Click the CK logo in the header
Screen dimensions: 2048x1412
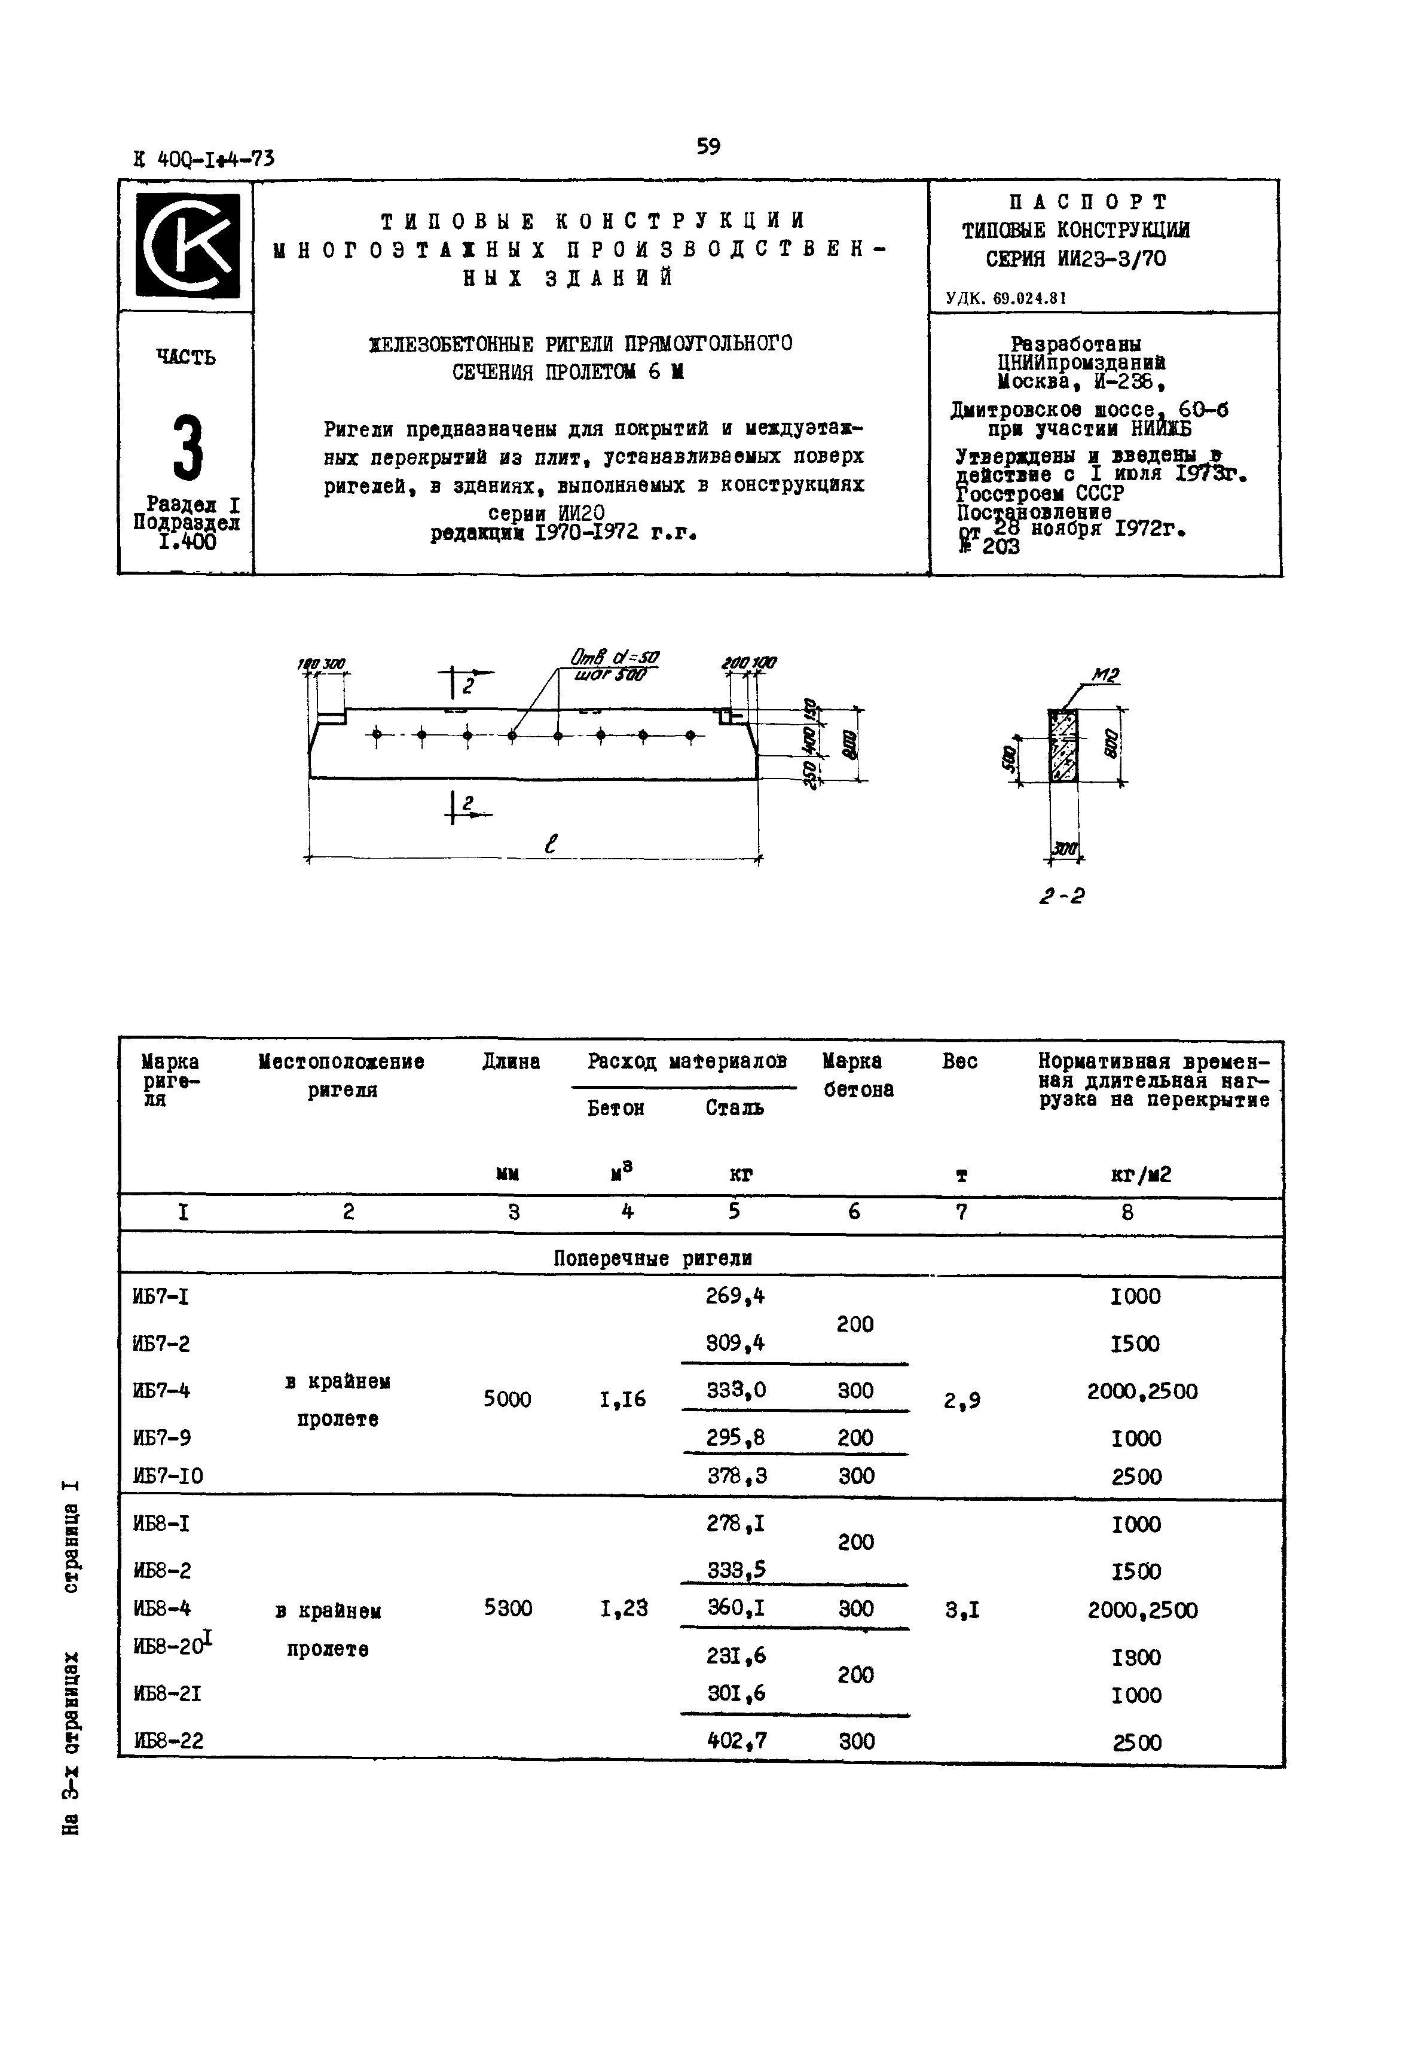point(187,245)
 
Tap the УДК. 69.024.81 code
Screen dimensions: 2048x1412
point(1006,298)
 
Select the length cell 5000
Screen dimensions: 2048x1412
point(507,1399)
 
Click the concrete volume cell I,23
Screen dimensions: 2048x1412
point(624,1608)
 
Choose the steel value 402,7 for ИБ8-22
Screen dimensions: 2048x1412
point(736,1741)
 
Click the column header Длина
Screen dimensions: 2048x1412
point(511,1061)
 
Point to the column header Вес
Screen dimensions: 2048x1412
point(960,1061)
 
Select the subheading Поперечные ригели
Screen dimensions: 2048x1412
point(653,1258)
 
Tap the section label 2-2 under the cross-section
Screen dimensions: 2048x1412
point(1062,896)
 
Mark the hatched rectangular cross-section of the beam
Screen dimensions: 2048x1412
point(1063,745)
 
